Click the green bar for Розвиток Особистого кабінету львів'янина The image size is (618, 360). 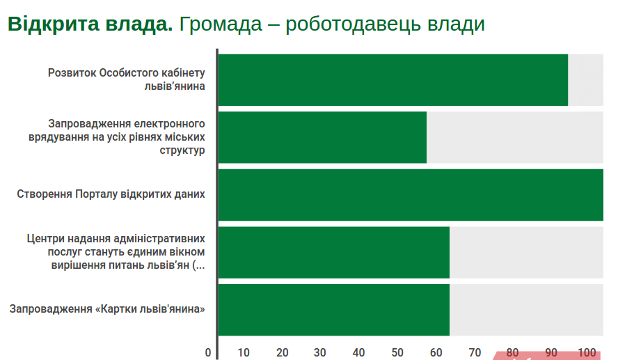[393, 80]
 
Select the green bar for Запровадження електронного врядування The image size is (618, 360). [322, 137]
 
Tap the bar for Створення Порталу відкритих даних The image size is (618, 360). [411, 195]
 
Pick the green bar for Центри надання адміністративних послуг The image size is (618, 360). [334, 252]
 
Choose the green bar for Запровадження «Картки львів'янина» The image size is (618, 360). [334, 310]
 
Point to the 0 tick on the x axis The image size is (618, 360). [208, 352]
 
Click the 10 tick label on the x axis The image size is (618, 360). [244, 352]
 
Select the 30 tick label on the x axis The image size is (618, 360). [319, 352]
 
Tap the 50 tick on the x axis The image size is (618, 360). [397, 352]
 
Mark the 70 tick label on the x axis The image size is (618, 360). [475, 352]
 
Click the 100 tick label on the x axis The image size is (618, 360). [587, 352]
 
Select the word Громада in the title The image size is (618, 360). [221, 24]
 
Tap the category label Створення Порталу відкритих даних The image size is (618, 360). [111, 194]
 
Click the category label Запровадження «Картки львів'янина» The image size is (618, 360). [107, 308]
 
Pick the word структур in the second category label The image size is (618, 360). [182, 150]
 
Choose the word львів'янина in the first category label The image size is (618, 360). [175, 86]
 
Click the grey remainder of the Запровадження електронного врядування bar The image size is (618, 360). [515, 137]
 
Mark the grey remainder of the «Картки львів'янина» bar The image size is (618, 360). [527, 310]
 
